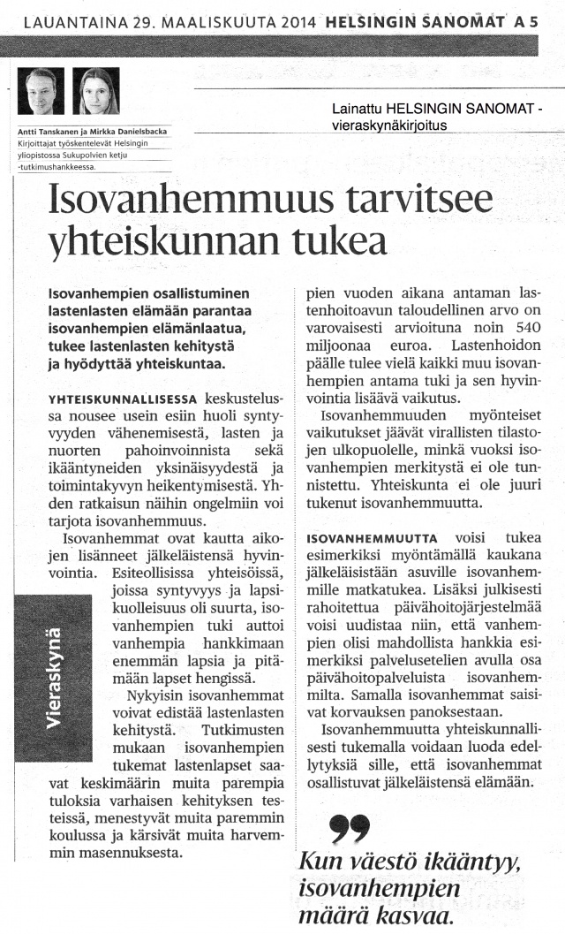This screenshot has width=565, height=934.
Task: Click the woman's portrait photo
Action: [x=100, y=92]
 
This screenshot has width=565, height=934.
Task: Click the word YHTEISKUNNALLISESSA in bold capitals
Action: [x=124, y=399]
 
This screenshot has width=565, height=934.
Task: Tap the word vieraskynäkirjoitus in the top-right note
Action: [x=383, y=125]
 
